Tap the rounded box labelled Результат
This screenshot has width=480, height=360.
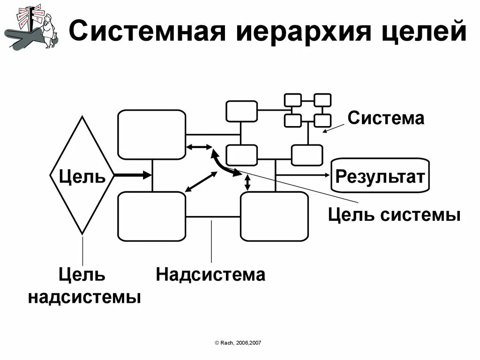(380, 176)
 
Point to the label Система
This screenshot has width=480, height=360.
(386, 118)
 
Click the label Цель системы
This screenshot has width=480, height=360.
(394, 215)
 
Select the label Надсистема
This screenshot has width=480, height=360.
(210, 274)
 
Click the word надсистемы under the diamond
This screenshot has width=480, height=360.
(84, 297)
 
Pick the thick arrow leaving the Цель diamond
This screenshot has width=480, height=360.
(133, 175)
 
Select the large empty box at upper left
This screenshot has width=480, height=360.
(151, 134)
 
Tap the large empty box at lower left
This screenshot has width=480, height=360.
(151, 216)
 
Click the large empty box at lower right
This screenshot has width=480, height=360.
(274, 216)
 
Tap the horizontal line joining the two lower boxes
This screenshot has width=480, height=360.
(213, 217)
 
